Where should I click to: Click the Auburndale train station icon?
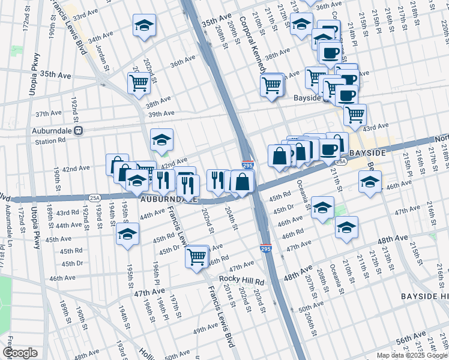pos(77,130)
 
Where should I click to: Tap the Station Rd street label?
pos(50,142)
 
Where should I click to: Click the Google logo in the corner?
pos(19,353)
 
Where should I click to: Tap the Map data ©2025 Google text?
pos(412,355)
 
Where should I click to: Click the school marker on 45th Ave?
pos(127,234)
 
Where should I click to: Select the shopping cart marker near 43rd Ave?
pos(355,114)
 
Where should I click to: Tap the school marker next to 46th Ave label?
pos(369,181)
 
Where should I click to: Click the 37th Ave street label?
pos(49,113)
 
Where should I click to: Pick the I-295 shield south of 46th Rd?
pos(265,247)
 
